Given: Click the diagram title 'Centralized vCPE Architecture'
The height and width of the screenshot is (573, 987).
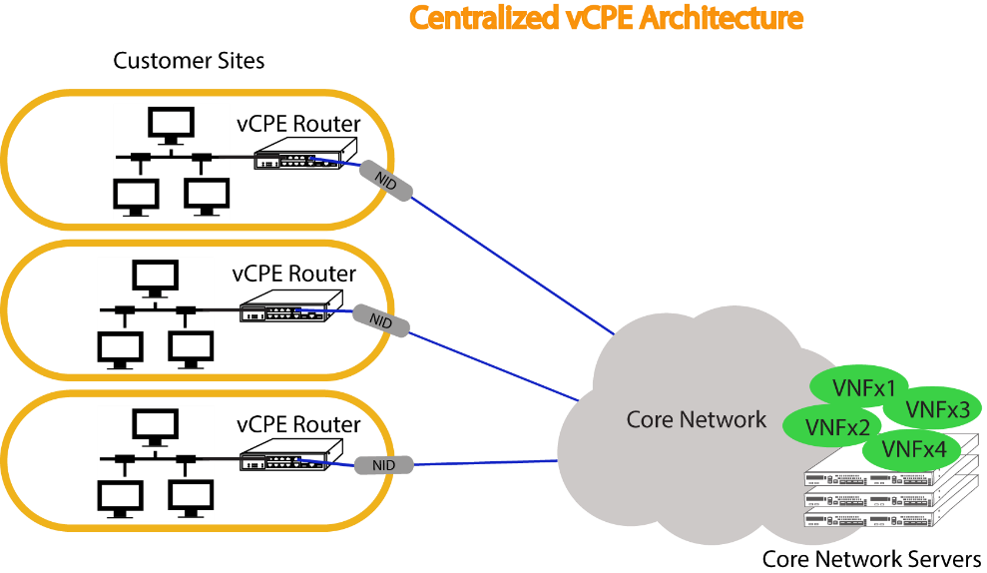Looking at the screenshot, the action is point(606,18).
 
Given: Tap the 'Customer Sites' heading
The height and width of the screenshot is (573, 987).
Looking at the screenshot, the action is point(189,61).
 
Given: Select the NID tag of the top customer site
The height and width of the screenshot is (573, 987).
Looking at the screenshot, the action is point(386,182).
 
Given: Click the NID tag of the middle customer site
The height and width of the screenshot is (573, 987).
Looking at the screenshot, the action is point(381,320).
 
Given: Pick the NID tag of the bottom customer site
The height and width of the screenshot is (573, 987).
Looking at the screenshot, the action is point(383,465).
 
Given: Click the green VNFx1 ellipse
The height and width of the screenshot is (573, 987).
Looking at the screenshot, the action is point(860,386).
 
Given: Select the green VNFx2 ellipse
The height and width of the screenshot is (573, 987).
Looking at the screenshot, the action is point(832,426).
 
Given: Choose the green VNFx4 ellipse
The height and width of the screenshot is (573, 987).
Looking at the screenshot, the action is point(912,449).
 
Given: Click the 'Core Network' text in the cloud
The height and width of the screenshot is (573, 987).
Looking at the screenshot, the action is point(697,419).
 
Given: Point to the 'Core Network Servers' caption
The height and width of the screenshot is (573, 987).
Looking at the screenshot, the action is point(871,558).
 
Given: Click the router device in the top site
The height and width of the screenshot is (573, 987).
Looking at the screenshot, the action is point(305,154).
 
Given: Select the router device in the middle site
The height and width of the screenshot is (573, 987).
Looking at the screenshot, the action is point(290,306).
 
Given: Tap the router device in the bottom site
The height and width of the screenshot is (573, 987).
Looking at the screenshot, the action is point(290,454).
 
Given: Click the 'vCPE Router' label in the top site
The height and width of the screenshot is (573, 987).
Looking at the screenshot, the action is point(298,124).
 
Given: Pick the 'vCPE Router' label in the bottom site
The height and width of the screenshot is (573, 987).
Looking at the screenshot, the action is point(298,424).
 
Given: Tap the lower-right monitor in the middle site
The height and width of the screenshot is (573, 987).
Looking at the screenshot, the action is point(191,349).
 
